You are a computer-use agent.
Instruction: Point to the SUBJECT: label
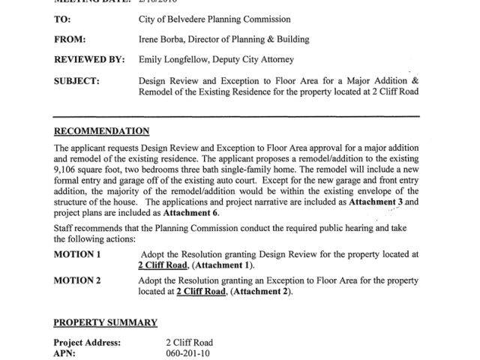[79, 79]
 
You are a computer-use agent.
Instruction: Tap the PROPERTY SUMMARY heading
[105, 322]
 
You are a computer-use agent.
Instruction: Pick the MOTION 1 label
[77, 255]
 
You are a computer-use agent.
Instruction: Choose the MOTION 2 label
[77, 280]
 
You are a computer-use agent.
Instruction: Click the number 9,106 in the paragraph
[68, 170]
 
